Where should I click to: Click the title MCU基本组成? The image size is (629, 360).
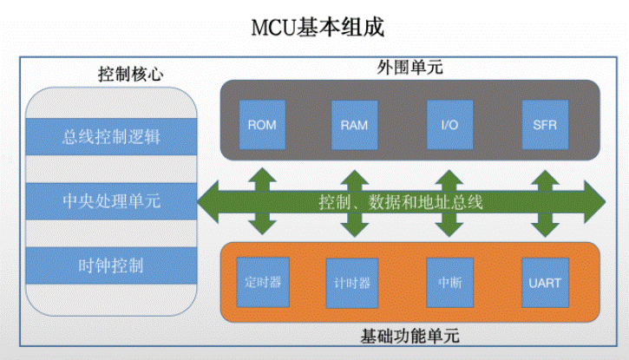(x=318, y=28)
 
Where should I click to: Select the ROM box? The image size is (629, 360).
(x=262, y=125)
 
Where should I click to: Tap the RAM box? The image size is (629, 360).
(x=354, y=125)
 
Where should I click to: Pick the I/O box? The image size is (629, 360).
(x=449, y=125)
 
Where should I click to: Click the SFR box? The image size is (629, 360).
(x=545, y=125)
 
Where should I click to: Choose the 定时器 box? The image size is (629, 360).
(x=263, y=282)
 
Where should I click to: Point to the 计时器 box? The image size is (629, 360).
(x=352, y=283)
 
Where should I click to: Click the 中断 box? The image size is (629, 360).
(x=450, y=283)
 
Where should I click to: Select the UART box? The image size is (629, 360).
(x=545, y=283)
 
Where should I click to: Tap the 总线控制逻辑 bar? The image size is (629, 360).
(x=111, y=137)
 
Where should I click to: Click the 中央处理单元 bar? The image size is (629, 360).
(x=111, y=201)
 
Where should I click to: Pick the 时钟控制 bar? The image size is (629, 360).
(x=111, y=265)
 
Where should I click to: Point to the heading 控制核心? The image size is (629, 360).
(x=131, y=74)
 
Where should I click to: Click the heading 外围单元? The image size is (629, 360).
(x=410, y=67)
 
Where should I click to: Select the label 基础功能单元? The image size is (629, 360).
(x=410, y=336)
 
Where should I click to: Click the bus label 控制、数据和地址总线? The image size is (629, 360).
(x=400, y=201)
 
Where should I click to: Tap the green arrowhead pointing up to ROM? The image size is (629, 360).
(x=262, y=175)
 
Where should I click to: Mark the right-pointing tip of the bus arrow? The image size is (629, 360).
(x=606, y=201)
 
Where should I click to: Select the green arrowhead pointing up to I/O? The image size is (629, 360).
(x=449, y=177)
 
